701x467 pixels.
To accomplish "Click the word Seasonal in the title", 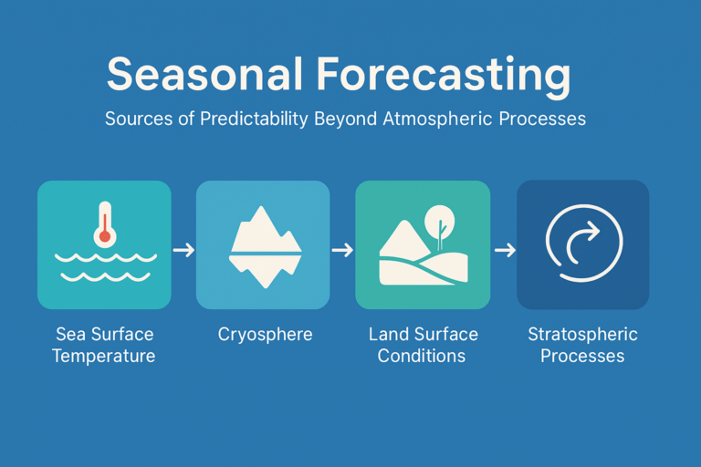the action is [205, 74].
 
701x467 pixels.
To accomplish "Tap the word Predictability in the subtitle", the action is [254, 119].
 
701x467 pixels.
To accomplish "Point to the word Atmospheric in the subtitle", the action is [438, 119].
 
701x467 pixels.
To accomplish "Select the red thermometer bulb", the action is [105, 236].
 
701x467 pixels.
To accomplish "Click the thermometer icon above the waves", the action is [105, 224].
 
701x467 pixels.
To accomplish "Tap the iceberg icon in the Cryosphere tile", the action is [265, 246].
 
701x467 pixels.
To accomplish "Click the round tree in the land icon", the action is [440, 226].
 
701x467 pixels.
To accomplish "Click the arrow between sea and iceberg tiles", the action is [183, 249].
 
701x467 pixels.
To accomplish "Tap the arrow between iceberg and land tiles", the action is [342, 249].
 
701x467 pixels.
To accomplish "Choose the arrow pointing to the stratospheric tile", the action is [505, 249].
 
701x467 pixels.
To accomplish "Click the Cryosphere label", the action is [265, 335].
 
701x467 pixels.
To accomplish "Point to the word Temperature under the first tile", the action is [104, 357].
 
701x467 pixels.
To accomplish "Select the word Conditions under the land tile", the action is [422, 356].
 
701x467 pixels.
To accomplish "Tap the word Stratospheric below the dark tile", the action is [582, 335].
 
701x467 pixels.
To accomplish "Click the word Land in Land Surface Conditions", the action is [389, 334].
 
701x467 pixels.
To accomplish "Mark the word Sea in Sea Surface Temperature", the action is [70, 334].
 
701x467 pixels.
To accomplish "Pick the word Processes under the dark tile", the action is [582, 356].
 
